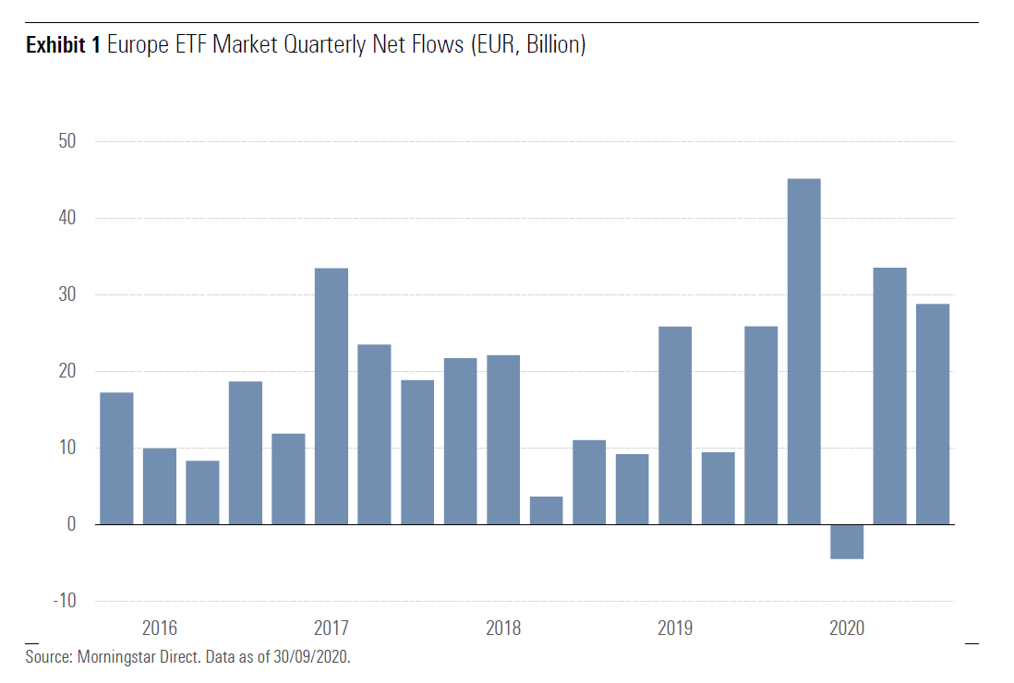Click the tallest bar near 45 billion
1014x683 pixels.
[x=803, y=351]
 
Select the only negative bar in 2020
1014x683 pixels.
[x=846, y=542]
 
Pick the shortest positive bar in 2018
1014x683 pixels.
[x=546, y=510]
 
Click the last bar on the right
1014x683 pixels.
[x=932, y=413]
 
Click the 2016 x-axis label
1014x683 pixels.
[x=159, y=629]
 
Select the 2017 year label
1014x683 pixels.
[x=331, y=629]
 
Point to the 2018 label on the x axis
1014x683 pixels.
[x=502, y=629]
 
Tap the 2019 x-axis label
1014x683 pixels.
[x=674, y=629]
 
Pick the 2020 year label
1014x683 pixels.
[x=846, y=629]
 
